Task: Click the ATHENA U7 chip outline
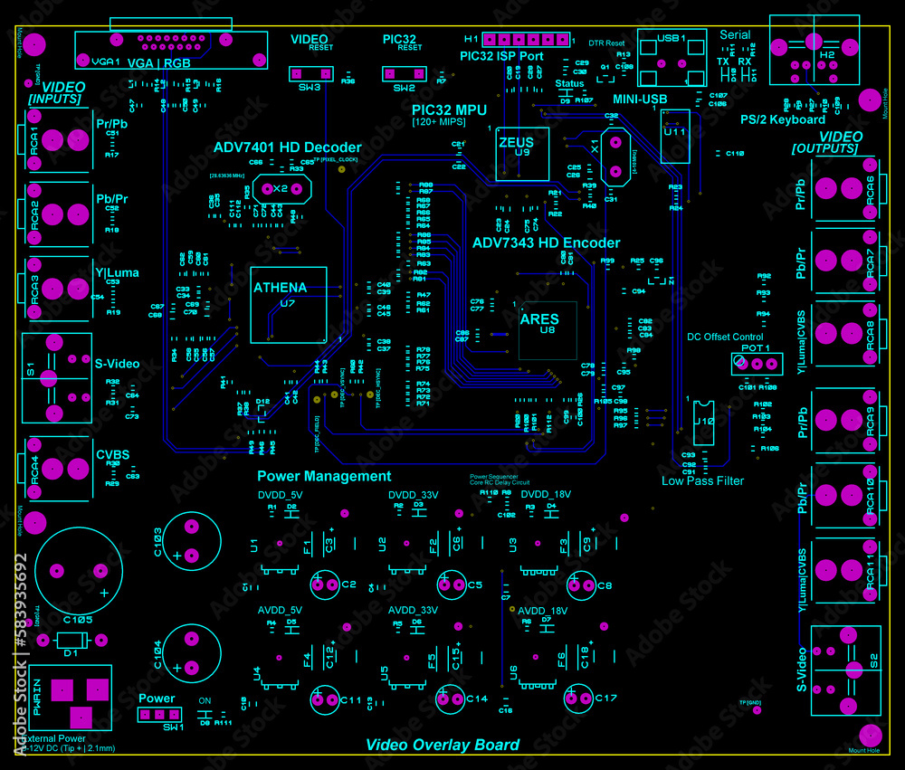coord(289,304)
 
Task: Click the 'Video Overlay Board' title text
coord(443,745)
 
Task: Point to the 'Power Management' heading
coord(324,476)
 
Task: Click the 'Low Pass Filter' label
coord(702,480)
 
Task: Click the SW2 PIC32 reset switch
coord(403,73)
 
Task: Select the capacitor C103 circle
coord(192,542)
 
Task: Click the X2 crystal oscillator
coord(281,188)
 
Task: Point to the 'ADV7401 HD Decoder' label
coord(287,147)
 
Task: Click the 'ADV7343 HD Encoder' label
coord(547,242)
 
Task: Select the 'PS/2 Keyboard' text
coord(782,119)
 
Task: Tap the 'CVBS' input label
coord(113,455)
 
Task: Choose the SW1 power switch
coord(158,715)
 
